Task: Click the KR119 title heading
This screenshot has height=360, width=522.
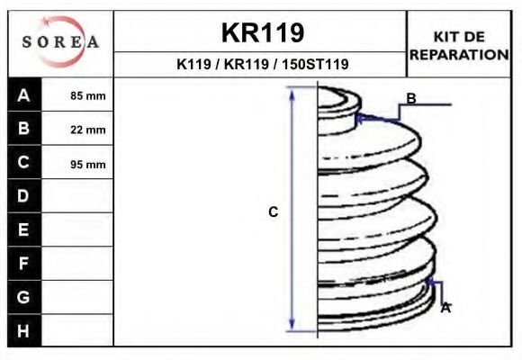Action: click(x=262, y=33)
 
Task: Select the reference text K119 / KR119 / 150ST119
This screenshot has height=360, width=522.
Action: click(x=262, y=65)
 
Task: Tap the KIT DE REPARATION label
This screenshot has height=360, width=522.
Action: click(x=459, y=45)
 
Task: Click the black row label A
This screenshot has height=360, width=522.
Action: click(x=24, y=95)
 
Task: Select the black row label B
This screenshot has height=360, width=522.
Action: click(x=24, y=129)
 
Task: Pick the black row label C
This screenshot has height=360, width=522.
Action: click(x=24, y=163)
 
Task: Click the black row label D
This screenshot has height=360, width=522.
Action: click(x=24, y=196)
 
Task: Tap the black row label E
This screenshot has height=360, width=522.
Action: click(x=24, y=229)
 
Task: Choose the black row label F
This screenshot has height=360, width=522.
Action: click(x=24, y=264)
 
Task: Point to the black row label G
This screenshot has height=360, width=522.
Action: click(x=24, y=297)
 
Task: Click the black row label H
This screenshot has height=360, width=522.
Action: click(x=24, y=330)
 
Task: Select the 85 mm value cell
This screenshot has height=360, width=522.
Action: click(x=88, y=95)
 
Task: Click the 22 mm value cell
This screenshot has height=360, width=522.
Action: click(x=88, y=130)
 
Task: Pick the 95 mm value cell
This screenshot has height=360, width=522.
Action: click(x=88, y=164)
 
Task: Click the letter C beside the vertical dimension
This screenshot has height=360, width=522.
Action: click(x=274, y=212)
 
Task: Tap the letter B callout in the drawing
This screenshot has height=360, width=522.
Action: click(x=411, y=98)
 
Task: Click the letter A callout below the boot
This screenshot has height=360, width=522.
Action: click(x=445, y=308)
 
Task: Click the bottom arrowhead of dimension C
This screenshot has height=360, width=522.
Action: click(x=292, y=327)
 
